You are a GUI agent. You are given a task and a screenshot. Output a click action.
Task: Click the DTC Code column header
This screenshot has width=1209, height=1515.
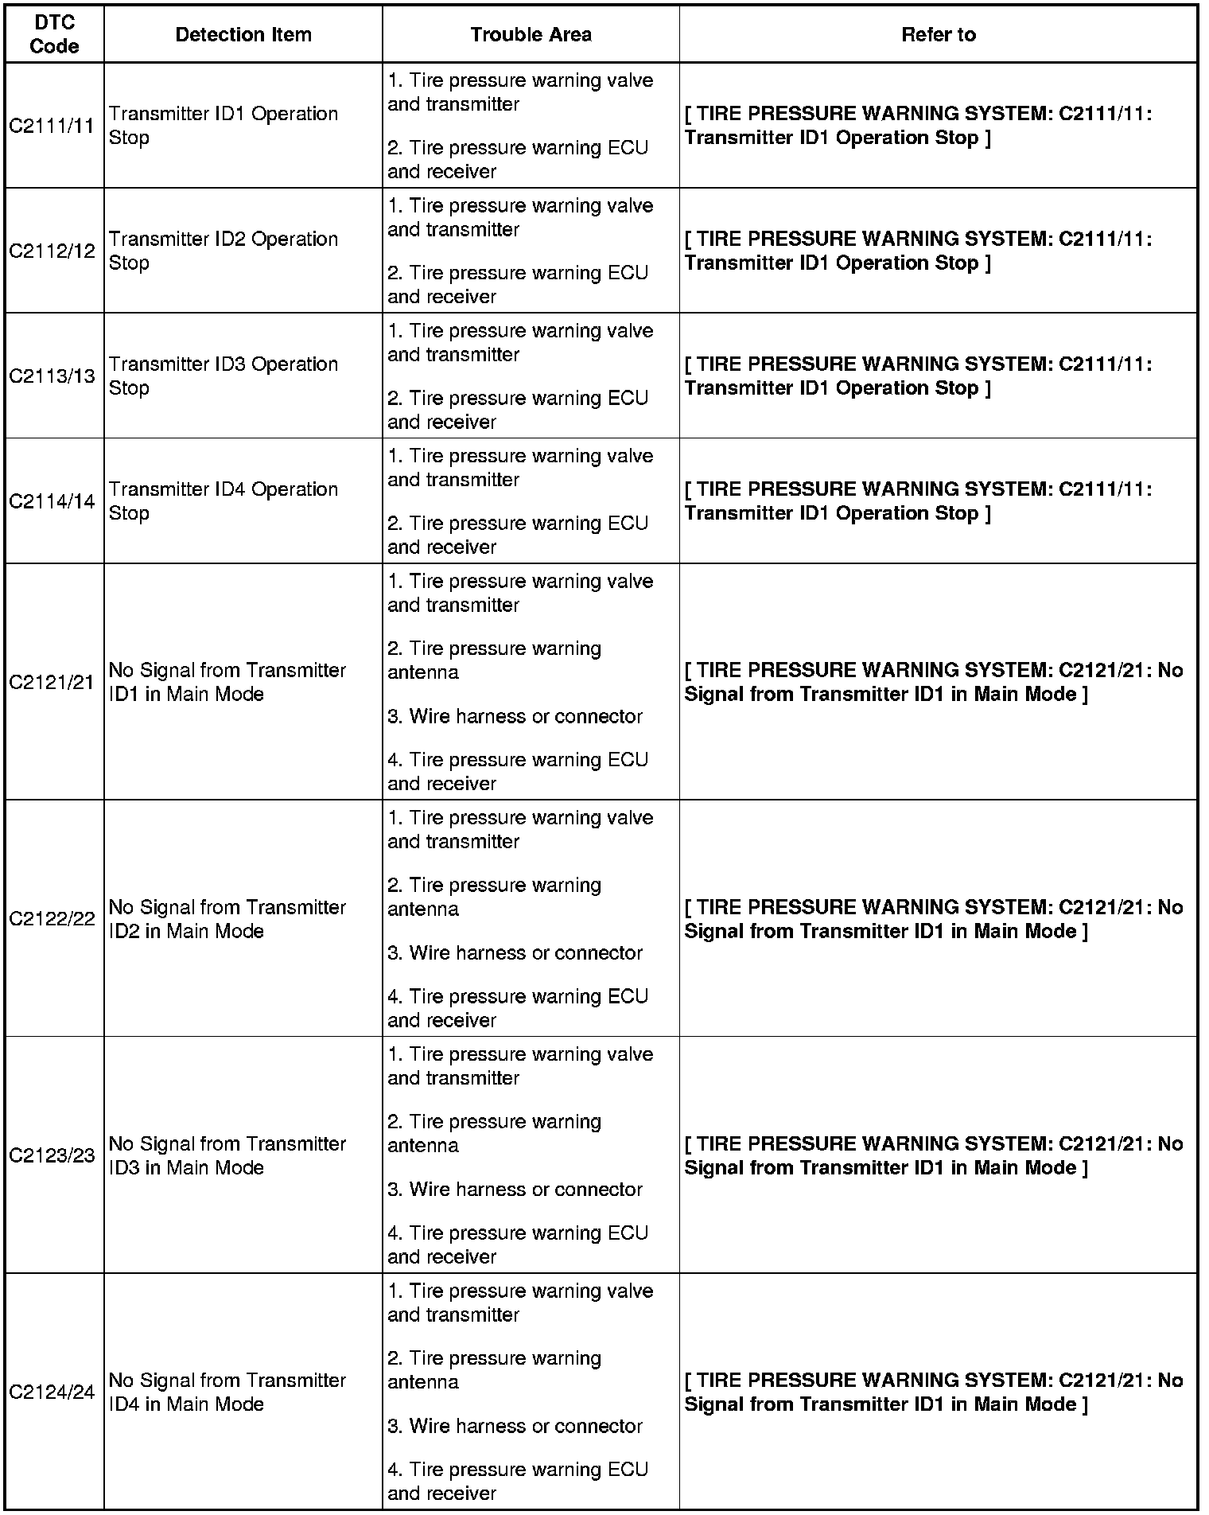pyautogui.click(x=54, y=34)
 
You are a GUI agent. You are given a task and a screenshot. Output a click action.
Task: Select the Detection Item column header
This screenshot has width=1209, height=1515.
pyautogui.click(x=243, y=34)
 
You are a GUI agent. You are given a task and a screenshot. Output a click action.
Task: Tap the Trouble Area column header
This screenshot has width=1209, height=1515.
pyautogui.click(x=531, y=34)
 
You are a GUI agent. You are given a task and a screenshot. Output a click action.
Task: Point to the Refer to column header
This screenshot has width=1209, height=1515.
pyautogui.click(x=938, y=34)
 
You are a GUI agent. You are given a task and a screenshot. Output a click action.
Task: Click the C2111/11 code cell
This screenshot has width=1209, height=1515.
pyautogui.click(x=52, y=126)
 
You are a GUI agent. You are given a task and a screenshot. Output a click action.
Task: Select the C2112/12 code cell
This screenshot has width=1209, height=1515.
pyautogui.click(x=52, y=251)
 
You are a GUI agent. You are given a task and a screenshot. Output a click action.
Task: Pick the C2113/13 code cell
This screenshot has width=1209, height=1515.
pyautogui.click(x=52, y=376)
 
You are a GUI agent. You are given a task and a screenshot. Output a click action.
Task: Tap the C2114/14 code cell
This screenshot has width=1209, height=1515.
pyautogui.click(x=52, y=501)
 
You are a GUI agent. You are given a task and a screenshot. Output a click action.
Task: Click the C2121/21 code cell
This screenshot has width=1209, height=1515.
pyautogui.click(x=52, y=682)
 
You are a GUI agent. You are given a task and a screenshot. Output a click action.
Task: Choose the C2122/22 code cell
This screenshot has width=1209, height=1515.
pyautogui.click(x=52, y=919)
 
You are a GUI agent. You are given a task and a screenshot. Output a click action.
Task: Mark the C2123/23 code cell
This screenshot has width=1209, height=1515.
pyautogui.click(x=52, y=1155)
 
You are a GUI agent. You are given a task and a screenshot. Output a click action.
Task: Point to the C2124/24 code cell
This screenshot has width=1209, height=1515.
pyautogui.click(x=52, y=1392)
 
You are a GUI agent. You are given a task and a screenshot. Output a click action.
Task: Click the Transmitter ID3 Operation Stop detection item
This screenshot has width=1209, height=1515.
pyautogui.click(x=223, y=376)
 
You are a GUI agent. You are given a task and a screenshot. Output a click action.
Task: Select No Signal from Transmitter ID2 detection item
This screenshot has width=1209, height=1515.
pyautogui.click(x=227, y=919)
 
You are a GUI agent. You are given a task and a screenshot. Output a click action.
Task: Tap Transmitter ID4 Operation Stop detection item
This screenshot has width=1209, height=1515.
pyautogui.click(x=223, y=501)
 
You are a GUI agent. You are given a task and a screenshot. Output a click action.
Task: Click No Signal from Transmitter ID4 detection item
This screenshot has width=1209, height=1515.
pyautogui.click(x=227, y=1392)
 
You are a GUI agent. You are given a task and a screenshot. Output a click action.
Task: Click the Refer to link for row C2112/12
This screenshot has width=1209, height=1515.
pyautogui.click(x=918, y=251)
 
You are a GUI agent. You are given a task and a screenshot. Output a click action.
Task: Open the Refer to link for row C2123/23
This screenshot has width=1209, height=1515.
pyautogui.click(x=933, y=1155)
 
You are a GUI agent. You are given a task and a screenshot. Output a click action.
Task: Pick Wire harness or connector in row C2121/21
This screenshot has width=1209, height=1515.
pyautogui.click(x=515, y=716)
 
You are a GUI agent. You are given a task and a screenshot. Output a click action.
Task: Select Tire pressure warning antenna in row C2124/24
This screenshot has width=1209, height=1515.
pyautogui.click(x=493, y=1370)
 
